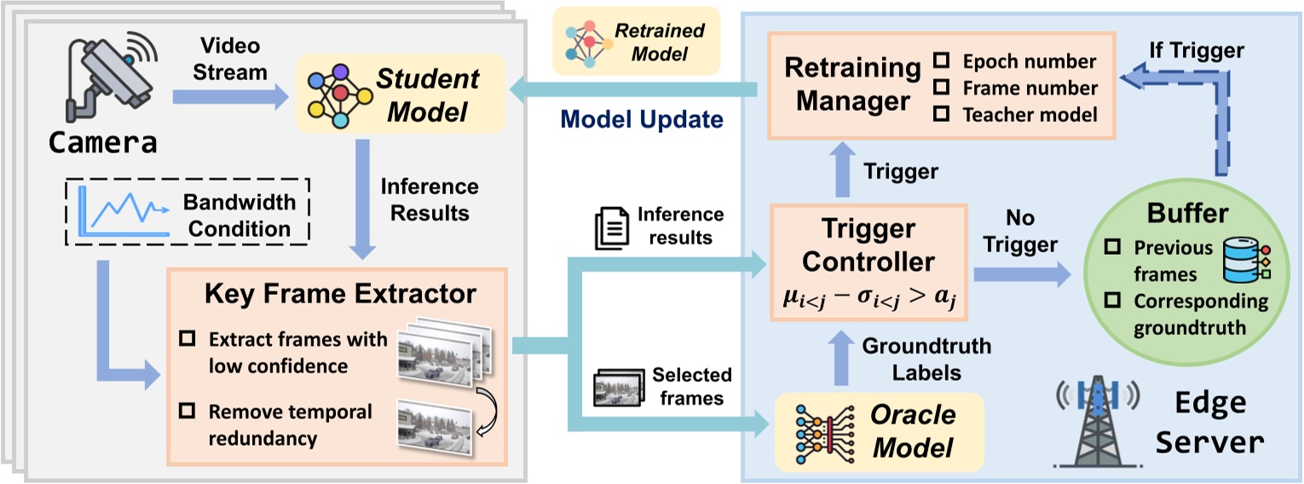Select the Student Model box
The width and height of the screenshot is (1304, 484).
tap(389, 95)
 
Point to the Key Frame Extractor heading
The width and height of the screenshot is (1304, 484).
tap(339, 293)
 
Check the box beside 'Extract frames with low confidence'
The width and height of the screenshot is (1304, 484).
tap(186, 339)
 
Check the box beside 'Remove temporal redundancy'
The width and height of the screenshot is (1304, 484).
tap(186, 412)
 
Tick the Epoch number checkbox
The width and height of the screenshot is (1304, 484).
tap(942, 61)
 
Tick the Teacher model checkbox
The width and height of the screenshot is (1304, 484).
tap(942, 115)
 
